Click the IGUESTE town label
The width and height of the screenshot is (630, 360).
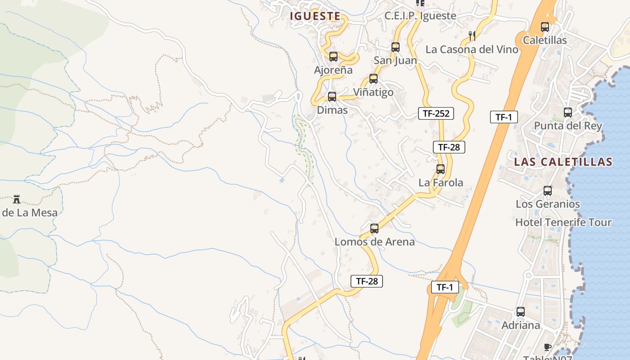(315, 16)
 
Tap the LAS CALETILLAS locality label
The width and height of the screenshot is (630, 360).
(563, 162)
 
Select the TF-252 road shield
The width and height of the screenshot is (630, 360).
(436, 113)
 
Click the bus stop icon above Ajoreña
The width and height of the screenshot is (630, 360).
(333, 57)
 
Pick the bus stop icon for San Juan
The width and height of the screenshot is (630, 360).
(396, 47)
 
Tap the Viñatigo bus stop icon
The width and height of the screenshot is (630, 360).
(373, 79)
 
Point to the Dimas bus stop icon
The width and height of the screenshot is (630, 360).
(332, 96)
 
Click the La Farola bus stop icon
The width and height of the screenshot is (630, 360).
(441, 169)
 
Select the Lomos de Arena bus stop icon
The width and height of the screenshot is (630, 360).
(374, 228)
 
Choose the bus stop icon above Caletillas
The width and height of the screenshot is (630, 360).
(545, 27)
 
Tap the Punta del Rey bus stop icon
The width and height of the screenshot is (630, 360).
(568, 112)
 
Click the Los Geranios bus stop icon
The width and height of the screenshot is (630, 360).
(548, 190)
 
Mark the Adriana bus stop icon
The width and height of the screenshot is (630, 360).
(521, 311)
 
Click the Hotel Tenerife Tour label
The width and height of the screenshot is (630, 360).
(563, 222)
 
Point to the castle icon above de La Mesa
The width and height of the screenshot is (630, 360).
(17, 199)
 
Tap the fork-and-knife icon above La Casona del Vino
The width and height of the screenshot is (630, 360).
(472, 36)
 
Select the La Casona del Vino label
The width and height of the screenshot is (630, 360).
(472, 49)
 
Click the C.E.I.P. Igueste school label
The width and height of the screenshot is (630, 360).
(420, 16)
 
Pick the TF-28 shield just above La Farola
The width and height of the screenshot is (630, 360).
(449, 147)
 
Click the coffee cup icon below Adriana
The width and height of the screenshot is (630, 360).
(548, 346)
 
